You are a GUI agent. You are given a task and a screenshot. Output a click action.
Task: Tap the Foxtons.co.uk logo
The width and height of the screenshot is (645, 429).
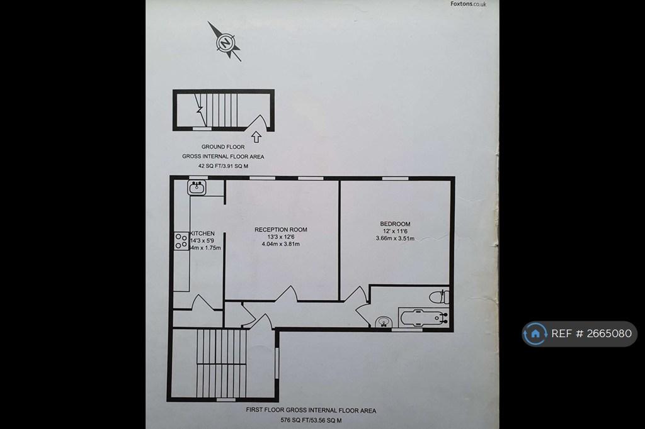pos(468,4)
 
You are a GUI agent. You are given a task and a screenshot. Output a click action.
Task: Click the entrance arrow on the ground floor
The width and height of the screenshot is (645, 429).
pos(256,137)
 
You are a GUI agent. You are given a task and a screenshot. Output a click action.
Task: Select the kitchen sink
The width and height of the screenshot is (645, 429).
pos(197,187)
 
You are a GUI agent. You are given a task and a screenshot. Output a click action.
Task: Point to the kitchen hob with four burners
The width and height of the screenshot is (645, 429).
pos(181,241)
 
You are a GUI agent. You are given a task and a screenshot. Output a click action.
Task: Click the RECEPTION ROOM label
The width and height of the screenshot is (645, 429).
pos(280,230)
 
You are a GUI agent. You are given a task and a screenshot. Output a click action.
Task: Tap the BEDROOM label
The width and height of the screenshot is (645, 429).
pos(395,224)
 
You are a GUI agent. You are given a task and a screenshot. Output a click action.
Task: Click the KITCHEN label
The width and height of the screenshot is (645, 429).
pos(202,233)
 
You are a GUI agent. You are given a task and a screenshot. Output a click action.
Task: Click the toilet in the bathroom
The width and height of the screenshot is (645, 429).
pos(439,296)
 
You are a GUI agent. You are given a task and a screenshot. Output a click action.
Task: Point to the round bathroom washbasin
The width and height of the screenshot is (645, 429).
pos(384,322)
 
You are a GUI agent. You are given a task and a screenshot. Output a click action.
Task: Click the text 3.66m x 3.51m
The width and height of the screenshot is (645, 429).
pos(395,238)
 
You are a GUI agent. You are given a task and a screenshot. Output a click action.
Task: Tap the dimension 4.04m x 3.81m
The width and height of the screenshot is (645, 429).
pos(280,244)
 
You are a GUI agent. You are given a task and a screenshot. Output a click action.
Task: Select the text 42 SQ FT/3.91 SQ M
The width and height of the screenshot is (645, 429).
pos(223,166)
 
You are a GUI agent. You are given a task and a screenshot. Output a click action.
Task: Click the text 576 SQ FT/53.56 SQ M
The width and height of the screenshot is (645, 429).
pos(311,420)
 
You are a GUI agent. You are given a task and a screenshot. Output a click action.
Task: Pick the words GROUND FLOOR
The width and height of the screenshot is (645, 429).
pos(223,147)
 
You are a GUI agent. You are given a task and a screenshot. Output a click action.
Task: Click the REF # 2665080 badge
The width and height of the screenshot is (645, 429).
pos(579,333)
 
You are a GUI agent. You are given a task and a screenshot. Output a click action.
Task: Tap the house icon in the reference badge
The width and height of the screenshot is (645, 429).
pos(535,333)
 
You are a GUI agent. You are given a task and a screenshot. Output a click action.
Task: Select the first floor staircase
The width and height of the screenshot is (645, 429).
pos(221,363)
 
